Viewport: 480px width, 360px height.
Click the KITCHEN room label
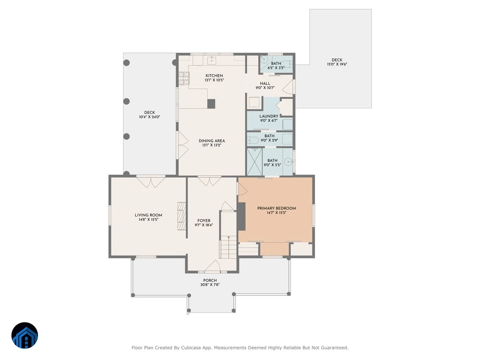pos(214,76)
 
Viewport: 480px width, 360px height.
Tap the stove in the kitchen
pos(184,78)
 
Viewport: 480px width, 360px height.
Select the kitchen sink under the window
pos(212,60)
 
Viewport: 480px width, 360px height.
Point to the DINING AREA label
pos(212,141)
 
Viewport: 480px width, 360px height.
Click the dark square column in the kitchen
pos(211,104)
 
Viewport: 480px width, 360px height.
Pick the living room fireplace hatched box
pos(182,216)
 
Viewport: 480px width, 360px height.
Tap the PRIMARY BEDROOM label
pos(276,208)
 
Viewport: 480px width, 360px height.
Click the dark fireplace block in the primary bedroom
pos(242,216)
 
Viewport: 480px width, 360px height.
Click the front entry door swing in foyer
pos(212,266)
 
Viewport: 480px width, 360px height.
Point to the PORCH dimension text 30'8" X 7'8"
pos(210,285)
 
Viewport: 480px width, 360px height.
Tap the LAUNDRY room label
pos(269,116)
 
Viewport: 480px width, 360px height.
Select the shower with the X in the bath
pos(254,162)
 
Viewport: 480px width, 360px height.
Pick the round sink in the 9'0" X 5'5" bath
pos(288,162)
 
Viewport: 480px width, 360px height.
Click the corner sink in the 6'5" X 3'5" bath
pos(264,59)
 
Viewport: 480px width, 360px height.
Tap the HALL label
pos(265,84)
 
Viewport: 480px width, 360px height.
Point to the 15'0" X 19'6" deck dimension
pos(337,64)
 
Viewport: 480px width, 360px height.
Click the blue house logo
pos(25,335)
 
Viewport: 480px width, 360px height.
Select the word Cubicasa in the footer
pos(191,348)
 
